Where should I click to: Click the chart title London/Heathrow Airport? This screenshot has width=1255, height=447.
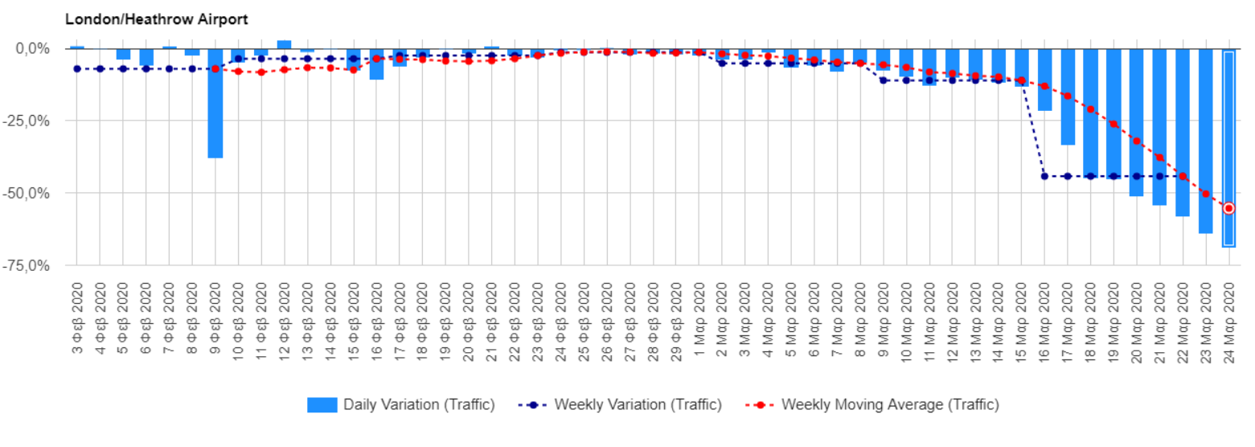[157, 18]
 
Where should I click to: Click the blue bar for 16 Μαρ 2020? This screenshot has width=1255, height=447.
[1044, 80]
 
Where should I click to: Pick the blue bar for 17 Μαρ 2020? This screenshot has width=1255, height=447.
[1068, 97]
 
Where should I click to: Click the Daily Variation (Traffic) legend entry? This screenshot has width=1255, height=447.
[400, 405]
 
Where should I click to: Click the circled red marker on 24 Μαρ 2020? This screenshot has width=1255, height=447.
[1228, 208]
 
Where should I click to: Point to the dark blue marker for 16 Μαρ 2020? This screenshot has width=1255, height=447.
[1044, 176]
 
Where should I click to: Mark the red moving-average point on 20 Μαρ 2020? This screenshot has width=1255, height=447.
[1137, 141]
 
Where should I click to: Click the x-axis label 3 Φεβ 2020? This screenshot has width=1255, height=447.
[77, 319]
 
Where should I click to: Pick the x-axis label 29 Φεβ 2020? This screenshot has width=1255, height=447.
[676, 319]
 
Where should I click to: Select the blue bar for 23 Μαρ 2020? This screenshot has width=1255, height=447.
[1205, 141]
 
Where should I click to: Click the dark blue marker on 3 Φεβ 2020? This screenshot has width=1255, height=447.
[77, 69]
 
